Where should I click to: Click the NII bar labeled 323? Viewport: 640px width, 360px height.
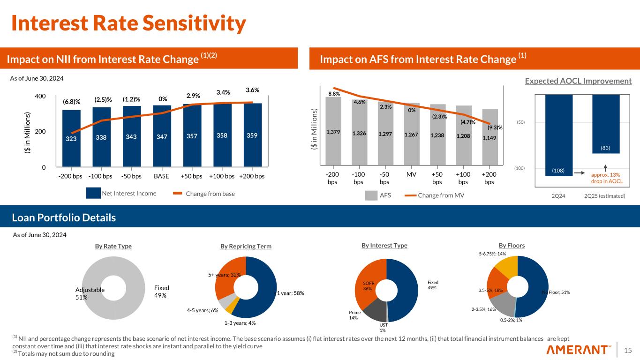coord(71,138)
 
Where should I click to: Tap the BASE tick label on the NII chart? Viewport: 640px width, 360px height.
coord(161,177)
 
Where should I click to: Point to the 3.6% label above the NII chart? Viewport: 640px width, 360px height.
coord(252,90)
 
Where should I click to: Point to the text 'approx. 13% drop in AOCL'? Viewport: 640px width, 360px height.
coord(609,178)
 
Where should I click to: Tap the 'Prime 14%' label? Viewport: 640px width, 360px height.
coord(354,315)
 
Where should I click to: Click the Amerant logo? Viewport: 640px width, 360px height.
coord(579,350)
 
